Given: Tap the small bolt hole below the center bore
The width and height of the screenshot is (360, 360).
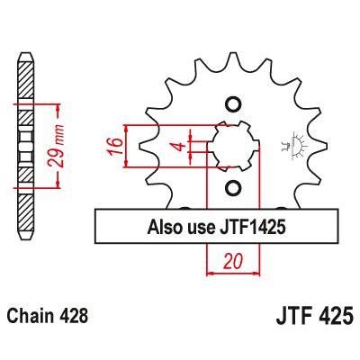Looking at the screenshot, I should click(x=233, y=188).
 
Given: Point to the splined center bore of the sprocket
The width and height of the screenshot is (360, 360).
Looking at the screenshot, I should click(x=234, y=145).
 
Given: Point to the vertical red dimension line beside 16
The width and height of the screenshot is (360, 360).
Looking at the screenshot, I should click(x=130, y=146).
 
